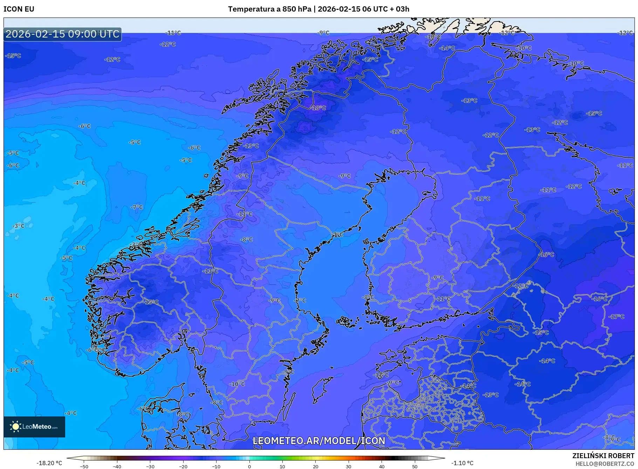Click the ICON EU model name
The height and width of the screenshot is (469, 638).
tap(19, 9)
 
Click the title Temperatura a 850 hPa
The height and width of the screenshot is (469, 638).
tap(269, 9)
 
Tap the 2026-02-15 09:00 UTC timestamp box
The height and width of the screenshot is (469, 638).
tap(62, 34)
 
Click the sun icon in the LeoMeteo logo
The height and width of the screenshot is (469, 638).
tap(15, 427)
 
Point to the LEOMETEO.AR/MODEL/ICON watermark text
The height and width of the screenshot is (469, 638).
tap(319, 441)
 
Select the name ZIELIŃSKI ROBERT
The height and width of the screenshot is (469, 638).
tap(603, 456)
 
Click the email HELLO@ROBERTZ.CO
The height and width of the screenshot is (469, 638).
tap(605, 464)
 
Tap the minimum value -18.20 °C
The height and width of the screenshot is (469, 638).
tap(49, 463)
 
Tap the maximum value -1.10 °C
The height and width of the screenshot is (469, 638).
tap(462, 463)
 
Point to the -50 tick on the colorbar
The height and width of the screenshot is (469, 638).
tap(84, 467)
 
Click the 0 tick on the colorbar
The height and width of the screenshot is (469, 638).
tap(249, 467)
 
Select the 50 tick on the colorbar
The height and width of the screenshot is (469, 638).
tap(415, 467)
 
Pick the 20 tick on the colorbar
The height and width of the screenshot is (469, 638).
tap(316, 467)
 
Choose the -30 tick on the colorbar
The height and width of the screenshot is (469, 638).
tap(150, 467)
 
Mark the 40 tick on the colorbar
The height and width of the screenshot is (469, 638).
tap(382, 467)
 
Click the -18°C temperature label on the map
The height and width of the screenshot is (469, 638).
tap(318, 108)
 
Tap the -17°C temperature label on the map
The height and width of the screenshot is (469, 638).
tap(617, 317)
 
